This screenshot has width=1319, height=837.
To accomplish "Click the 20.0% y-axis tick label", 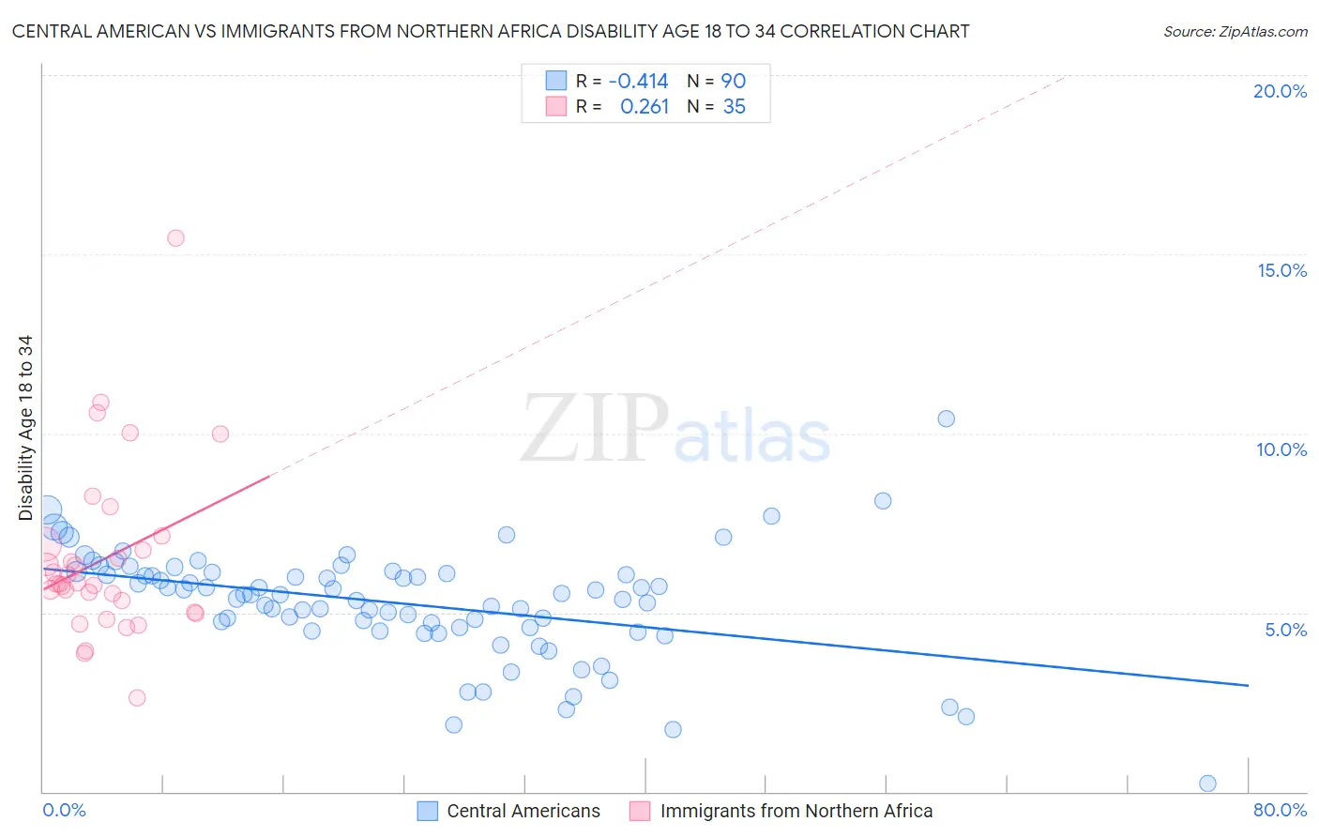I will pos(1280,91).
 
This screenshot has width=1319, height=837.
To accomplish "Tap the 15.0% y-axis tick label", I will pos(1281,270).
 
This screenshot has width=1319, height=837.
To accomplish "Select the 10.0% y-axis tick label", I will pos(1281,449).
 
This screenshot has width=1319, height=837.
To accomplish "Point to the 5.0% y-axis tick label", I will pos(1285,630).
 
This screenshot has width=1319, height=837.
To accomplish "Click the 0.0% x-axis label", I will pos(64,810).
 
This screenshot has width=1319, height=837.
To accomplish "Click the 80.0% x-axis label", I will pos(1280,810).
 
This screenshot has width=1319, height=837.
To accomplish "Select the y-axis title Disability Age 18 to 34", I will pos(25,428).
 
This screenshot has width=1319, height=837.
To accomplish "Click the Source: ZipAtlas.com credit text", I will pos(1235,31).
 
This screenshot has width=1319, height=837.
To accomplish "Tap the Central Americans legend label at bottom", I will pos(523,811).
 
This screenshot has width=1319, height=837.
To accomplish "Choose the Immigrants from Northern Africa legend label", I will pos(796,811).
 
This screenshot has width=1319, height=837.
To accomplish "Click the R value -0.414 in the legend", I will pos(638,81).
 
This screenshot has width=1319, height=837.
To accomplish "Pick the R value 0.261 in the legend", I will pos(644,107).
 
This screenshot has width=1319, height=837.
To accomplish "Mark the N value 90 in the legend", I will pos(733,81).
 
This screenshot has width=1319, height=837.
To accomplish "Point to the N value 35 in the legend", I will pos(734,107).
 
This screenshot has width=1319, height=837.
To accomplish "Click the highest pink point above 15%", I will pos(175,237).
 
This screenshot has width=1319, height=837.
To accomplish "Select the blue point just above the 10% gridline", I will pos(946,418).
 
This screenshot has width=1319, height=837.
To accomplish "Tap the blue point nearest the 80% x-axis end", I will pos(1207,784).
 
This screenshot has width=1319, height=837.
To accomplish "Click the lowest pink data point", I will pos(137,697).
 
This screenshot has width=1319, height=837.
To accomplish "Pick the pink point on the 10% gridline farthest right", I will pos(220,434).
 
